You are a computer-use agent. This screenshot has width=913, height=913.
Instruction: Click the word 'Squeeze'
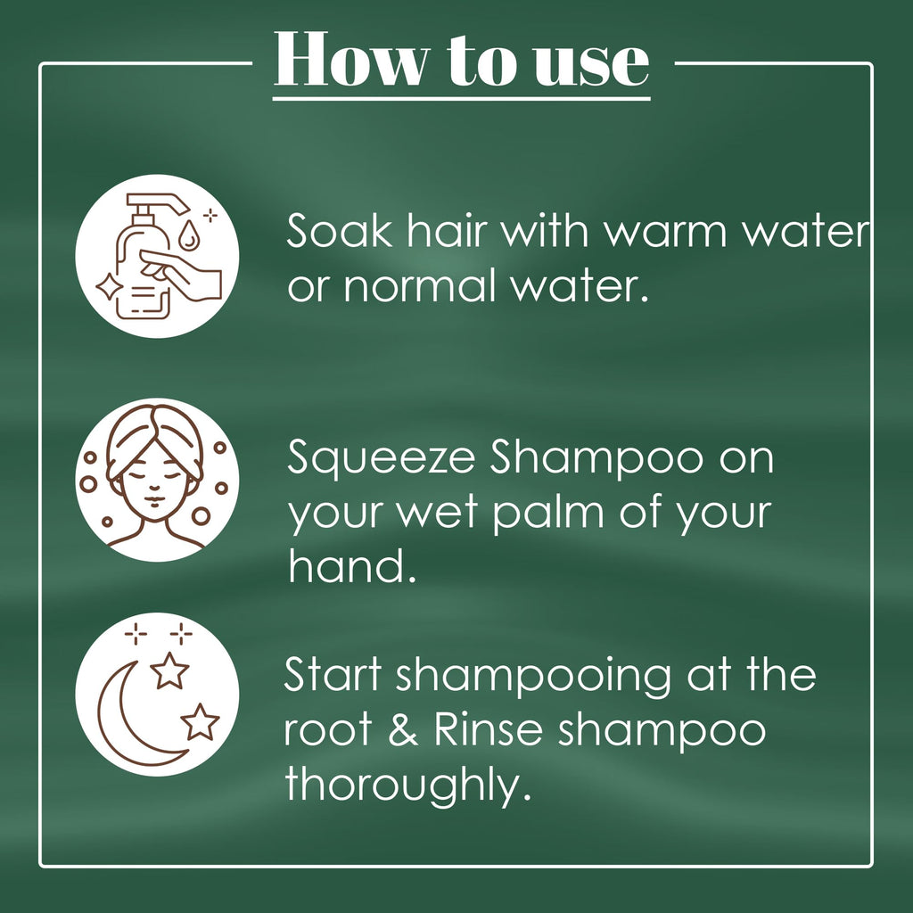point(382,460)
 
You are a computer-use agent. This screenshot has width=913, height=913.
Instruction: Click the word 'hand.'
point(352,566)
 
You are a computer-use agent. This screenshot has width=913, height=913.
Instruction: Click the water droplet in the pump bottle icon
point(187,234)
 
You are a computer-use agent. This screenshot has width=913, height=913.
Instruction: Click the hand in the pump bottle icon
point(180,274)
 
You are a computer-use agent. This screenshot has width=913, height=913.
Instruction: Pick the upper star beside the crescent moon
point(169,670)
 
